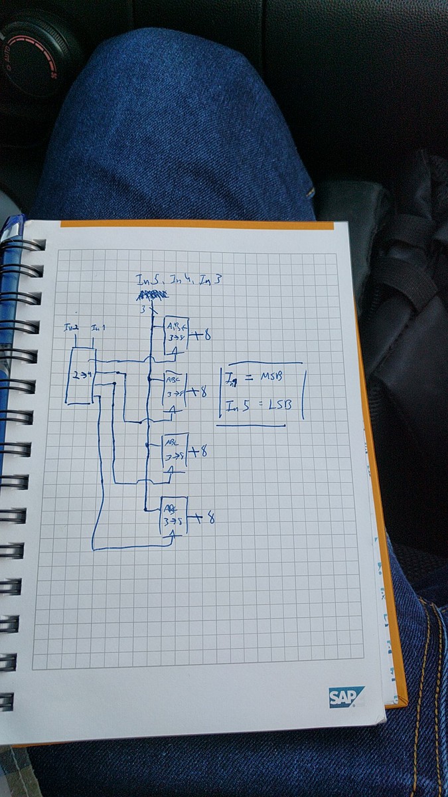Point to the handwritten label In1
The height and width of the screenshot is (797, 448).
click(x=97, y=327)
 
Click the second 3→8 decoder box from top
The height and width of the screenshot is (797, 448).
click(x=175, y=389)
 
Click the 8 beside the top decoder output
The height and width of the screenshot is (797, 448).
click(x=206, y=336)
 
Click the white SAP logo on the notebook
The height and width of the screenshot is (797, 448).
click(x=346, y=697)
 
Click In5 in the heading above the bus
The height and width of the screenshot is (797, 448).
click(x=145, y=280)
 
